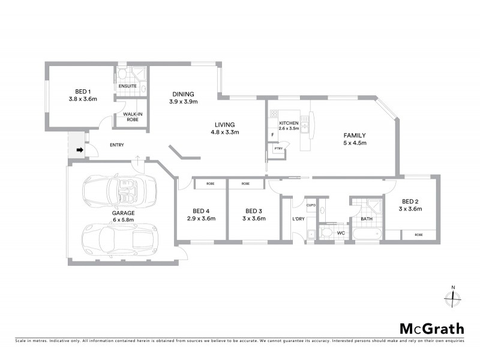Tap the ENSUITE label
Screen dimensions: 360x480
point(127,86)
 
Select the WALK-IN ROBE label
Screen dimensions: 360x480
point(133,116)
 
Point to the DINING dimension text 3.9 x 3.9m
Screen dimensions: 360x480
point(182,102)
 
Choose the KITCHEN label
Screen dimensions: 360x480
point(289,122)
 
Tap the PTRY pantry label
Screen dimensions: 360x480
point(278,148)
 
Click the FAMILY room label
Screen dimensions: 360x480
point(355,136)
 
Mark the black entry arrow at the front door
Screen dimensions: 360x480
point(79,151)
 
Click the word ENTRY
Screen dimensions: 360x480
point(118,145)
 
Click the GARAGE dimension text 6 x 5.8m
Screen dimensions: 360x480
point(122,220)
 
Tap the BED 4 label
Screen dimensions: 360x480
point(201,211)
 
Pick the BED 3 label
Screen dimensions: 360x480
point(254,211)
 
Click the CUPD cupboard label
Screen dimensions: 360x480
point(311,205)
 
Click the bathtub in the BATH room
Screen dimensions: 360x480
point(365,233)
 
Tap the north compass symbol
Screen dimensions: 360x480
point(453,296)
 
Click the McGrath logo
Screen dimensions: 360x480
point(432,328)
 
